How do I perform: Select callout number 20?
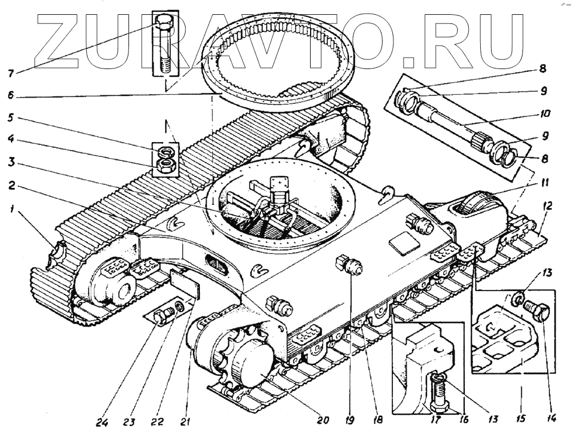323,421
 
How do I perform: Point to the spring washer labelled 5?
167,152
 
